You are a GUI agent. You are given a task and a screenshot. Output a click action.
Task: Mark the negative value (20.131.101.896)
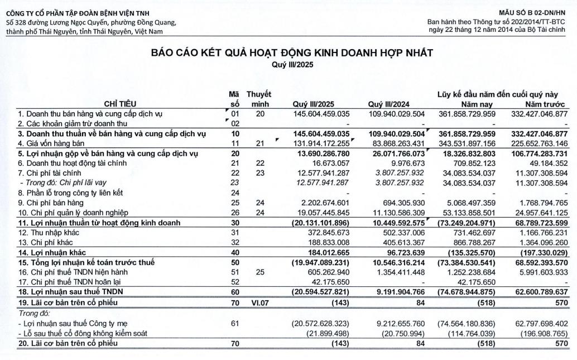tap(316, 223)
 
